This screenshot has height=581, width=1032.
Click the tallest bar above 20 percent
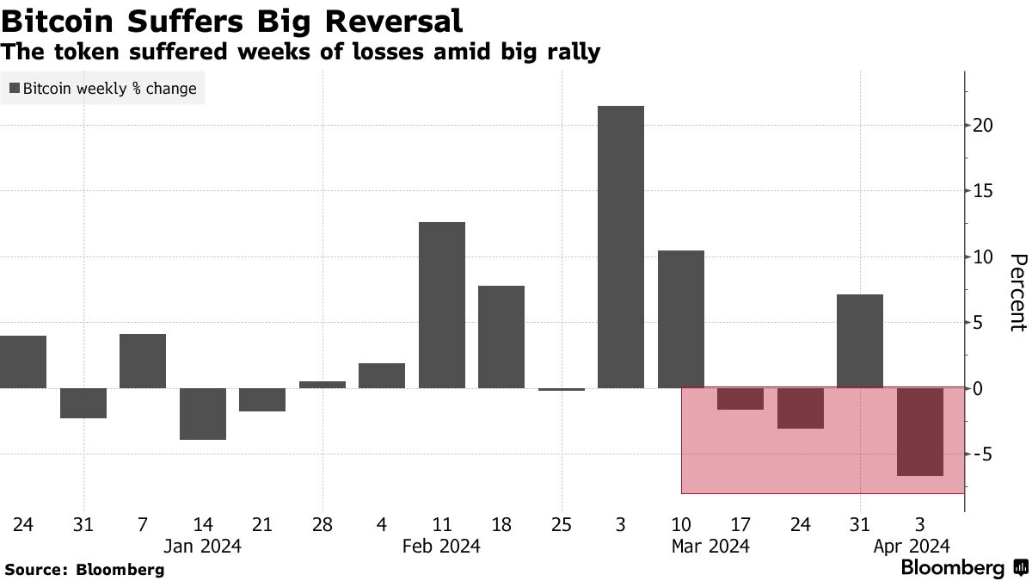(x=620, y=247)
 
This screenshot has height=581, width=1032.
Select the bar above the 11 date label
(x=441, y=305)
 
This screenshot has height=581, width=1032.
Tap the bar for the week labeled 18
(x=501, y=337)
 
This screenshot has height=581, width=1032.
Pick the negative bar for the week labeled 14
(x=202, y=414)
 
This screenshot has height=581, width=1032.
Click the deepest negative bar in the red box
(x=920, y=432)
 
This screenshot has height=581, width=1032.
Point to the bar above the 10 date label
(x=680, y=319)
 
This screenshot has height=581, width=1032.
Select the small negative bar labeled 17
(x=740, y=399)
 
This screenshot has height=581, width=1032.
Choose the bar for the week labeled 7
(x=143, y=361)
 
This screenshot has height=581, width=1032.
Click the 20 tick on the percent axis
(x=983, y=126)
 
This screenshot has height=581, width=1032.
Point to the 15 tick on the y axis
(x=983, y=191)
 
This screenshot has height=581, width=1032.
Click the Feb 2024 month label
(x=441, y=546)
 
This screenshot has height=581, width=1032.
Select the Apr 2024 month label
(x=911, y=546)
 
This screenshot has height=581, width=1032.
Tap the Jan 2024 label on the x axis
(x=202, y=546)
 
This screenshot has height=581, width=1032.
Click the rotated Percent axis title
(x=1017, y=293)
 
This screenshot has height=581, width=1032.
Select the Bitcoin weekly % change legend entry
(x=102, y=89)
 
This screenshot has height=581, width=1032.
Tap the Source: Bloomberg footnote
(x=84, y=569)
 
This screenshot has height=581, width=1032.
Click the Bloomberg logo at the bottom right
(x=963, y=568)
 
